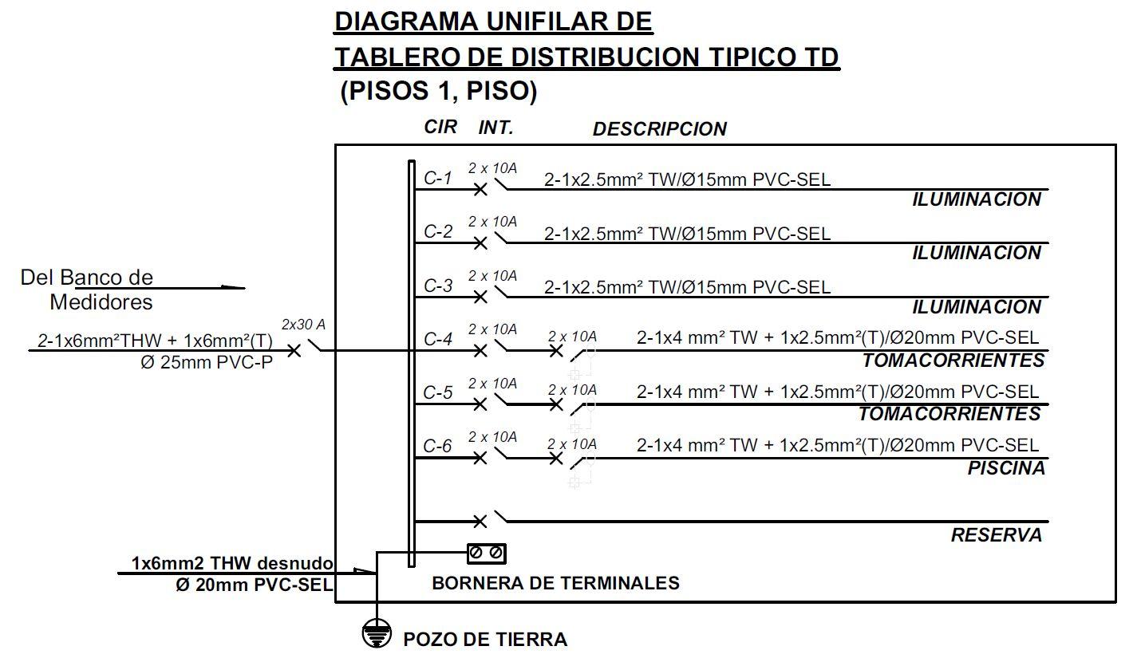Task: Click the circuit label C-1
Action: tap(437, 178)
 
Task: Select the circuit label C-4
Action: tap(438, 339)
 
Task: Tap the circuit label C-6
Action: tap(437, 447)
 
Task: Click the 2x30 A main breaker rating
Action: tap(303, 325)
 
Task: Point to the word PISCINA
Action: tap(1006, 468)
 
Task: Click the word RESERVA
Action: tap(997, 535)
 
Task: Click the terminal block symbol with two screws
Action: tap(486, 552)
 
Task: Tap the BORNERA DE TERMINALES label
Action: tap(555, 583)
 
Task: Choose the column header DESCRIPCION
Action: tap(659, 129)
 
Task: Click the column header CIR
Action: tap(440, 127)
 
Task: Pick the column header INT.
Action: tap(496, 128)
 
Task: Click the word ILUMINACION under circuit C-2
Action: tap(977, 253)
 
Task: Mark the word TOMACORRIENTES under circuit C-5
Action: tap(949, 414)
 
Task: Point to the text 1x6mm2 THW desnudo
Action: tap(232, 564)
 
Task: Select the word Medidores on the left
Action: tap(101, 302)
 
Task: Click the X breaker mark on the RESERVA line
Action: tap(480, 522)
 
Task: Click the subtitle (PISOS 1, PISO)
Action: tap(438, 92)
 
